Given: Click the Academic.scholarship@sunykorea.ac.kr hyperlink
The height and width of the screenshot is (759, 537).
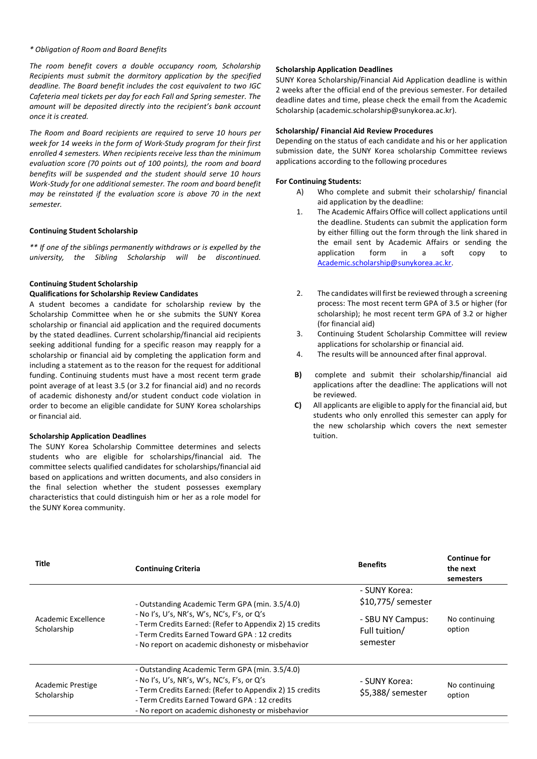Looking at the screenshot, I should coord(384,263).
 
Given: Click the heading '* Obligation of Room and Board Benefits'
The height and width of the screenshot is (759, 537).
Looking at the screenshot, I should coord(98,49).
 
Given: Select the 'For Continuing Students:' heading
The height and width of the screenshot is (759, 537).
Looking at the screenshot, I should coord(318,181).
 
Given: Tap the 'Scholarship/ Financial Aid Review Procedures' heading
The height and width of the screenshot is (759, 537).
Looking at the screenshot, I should coord(354,131).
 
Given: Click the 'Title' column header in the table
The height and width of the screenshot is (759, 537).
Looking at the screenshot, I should coord(42,564).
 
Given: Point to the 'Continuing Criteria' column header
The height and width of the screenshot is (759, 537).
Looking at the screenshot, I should coord(167,569).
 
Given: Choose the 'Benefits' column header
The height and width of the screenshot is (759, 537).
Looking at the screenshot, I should coord(372,565).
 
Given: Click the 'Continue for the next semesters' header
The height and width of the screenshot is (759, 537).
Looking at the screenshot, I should coord(469,569).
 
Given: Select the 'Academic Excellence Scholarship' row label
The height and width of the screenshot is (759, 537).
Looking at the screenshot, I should coord(70,624).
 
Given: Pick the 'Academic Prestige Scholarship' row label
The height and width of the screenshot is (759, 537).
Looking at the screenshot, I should coord(66,690).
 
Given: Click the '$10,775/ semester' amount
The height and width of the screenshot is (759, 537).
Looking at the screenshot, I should coord(396,602).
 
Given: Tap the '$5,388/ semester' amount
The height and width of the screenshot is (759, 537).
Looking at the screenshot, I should coord(393,693).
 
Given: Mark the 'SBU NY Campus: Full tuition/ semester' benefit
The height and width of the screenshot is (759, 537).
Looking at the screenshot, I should coord(394,631).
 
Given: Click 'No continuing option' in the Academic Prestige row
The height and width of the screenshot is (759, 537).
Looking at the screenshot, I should coord(471,690).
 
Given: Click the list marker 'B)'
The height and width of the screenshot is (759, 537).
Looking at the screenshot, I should coord(298,375).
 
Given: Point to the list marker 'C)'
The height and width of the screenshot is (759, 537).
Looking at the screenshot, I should coord(298,405).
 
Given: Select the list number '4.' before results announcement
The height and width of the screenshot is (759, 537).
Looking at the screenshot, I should coord(299,354).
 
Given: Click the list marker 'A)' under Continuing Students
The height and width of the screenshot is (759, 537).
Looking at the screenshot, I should coord(300,192).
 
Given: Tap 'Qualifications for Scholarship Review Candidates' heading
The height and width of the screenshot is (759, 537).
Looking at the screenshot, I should coord(114,294).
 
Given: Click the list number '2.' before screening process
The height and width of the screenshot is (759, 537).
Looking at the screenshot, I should coord(299,293).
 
